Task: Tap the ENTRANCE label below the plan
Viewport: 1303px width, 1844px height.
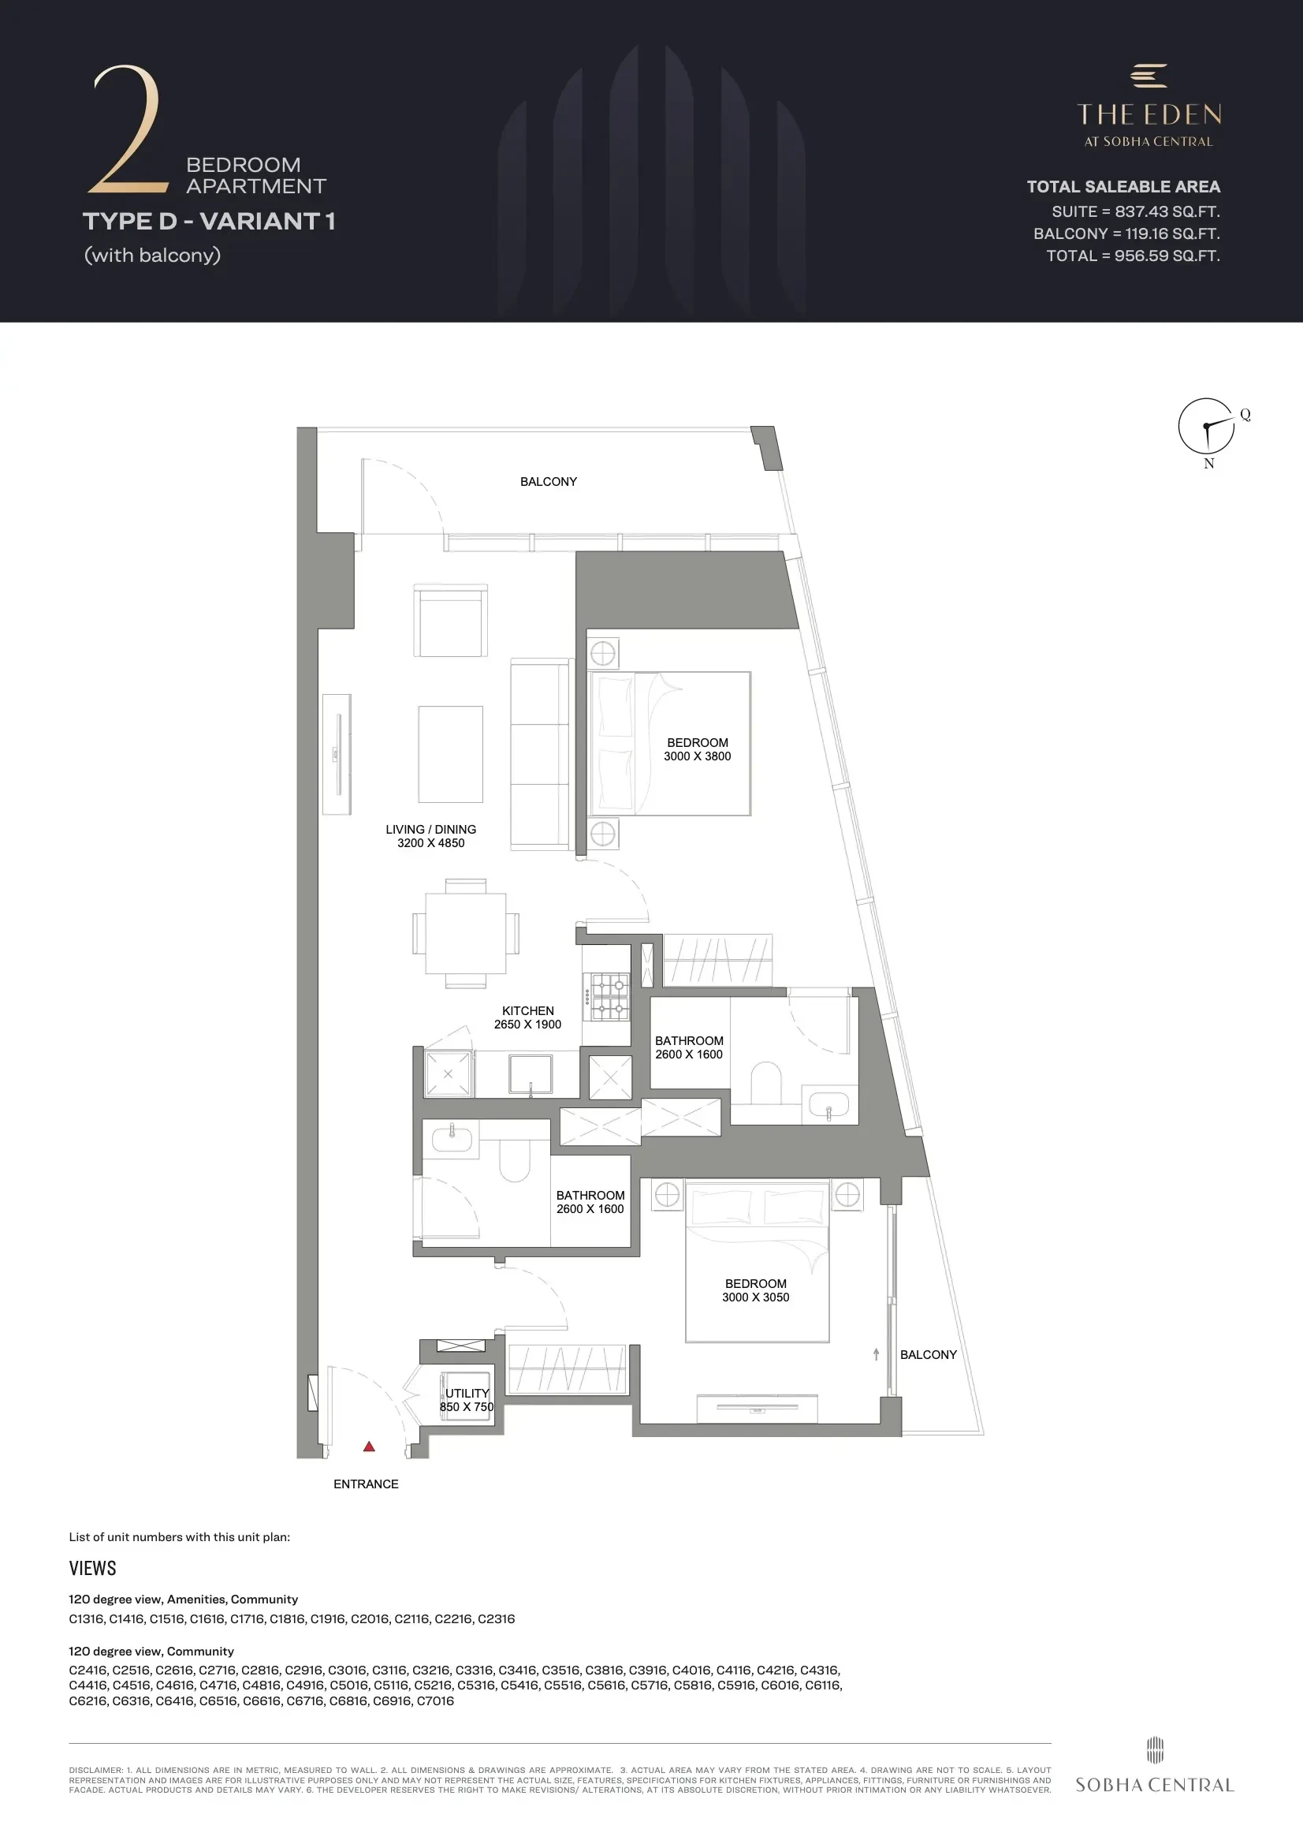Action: pos(366,1484)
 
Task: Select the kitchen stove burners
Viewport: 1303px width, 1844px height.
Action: pos(609,997)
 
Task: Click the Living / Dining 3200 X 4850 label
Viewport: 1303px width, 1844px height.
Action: pos(431,836)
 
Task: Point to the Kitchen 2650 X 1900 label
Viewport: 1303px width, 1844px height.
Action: pos(527,1017)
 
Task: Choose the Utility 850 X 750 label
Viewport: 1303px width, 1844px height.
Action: pos(467,1400)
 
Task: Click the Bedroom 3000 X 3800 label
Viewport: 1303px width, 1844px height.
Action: pos(698,749)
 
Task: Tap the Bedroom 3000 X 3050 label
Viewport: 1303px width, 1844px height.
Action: pos(755,1290)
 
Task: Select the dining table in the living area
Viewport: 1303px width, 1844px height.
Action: pos(466,933)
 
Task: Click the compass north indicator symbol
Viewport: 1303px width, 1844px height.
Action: pos(1207,426)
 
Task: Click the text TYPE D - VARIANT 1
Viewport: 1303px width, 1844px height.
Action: pos(209,221)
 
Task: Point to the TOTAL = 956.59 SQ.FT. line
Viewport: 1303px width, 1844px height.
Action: pos(1133,256)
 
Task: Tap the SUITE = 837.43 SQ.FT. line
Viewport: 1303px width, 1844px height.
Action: pos(1136,212)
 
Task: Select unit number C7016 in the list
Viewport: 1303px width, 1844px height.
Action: pos(435,1700)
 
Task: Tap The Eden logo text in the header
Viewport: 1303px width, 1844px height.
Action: pos(1149,106)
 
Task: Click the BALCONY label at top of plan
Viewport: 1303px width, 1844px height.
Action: pos(549,482)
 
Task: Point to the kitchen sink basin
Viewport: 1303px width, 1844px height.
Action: pos(531,1074)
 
